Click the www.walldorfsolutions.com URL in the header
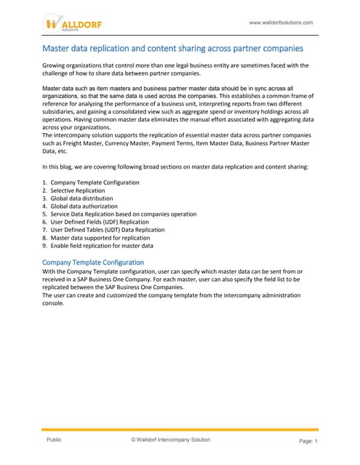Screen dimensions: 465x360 [281, 23]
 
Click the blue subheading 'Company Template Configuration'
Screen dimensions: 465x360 [93, 262]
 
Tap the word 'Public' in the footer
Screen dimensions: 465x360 [54, 440]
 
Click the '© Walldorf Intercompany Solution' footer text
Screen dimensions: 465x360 [170, 440]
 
